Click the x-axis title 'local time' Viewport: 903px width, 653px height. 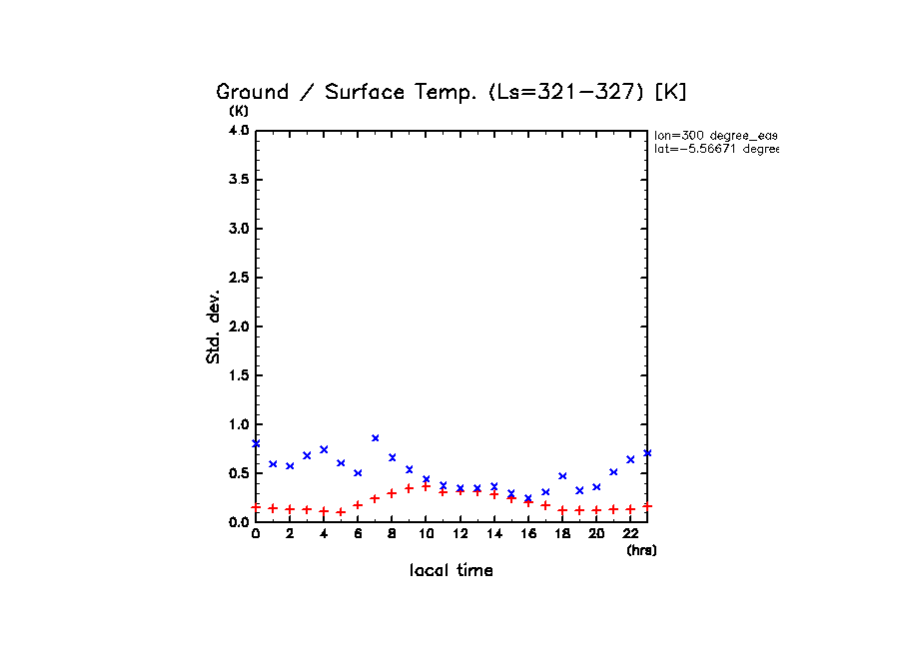click(x=451, y=571)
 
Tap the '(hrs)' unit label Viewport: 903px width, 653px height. click(x=641, y=550)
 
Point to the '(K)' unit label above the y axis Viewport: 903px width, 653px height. click(x=239, y=111)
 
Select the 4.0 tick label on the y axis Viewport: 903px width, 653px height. click(x=238, y=131)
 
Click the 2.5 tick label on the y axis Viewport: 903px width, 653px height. click(x=238, y=278)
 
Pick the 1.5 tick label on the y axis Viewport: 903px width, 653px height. click(x=238, y=375)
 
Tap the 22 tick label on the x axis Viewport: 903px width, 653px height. click(x=630, y=534)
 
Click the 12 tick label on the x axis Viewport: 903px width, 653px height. click(x=459, y=534)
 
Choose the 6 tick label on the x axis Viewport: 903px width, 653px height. click(x=358, y=534)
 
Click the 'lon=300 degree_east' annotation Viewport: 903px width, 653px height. click(x=715, y=135)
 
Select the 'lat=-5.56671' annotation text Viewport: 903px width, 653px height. click(x=715, y=149)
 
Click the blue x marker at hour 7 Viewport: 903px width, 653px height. click(x=375, y=437)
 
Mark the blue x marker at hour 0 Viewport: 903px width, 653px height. click(x=256, y=443)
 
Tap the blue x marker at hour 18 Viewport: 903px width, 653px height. click(x=562, y=475)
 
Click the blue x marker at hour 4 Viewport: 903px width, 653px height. click(x=324, y=449)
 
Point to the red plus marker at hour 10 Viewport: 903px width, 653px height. click(x=426, y=486)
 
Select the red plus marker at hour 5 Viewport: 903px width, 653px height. click(x=341, y=512)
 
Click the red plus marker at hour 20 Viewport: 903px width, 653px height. click(x=596, y=510)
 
